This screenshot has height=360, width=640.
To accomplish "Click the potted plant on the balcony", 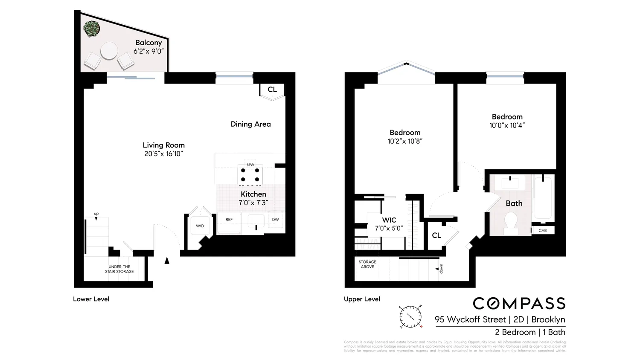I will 92,29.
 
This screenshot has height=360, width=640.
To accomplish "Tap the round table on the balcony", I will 109,51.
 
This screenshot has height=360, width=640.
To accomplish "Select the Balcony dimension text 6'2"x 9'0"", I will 148,51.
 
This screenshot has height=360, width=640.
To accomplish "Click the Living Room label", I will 163,145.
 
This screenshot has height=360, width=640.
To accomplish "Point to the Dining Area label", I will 250,124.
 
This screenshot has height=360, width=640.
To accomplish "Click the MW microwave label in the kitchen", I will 250,165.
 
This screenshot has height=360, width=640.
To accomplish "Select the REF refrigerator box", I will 229,222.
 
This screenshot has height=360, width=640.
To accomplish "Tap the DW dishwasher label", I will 275,220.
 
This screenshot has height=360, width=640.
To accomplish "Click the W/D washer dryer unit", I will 200,226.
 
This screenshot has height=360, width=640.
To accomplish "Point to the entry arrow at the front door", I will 167,260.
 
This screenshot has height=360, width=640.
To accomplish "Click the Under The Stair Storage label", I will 119,269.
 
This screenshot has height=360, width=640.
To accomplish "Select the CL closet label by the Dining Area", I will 272,90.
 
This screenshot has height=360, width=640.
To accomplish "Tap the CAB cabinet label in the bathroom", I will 542,230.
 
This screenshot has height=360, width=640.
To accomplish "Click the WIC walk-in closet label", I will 389,220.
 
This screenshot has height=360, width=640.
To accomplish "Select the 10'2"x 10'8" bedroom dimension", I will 404,141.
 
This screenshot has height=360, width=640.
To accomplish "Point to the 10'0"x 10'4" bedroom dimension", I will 507,125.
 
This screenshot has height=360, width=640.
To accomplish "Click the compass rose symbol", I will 410,317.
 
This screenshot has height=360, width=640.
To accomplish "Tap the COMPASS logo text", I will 519,303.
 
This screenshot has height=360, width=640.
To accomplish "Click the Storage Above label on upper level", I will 367,264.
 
